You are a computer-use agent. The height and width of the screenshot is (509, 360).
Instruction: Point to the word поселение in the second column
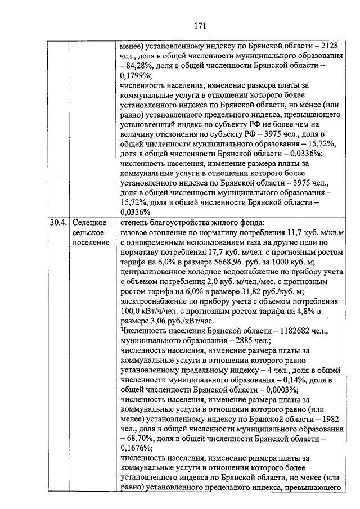coord(91,242)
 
